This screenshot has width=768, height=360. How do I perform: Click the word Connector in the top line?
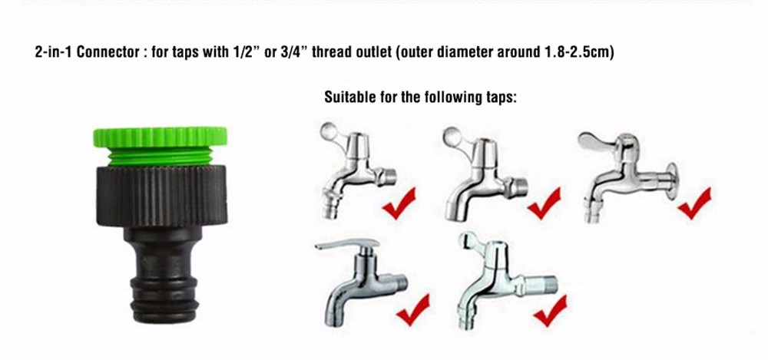point(108,51)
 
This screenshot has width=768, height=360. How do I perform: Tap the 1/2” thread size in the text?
point(243,51)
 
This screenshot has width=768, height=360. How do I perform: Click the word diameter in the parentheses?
point(465,51)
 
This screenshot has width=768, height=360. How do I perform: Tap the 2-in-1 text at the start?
point(54,51)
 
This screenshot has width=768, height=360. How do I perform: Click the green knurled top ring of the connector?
point(161,137)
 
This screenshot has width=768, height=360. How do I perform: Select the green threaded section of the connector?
point(161,157)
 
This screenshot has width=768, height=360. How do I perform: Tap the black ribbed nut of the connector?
point(161,196)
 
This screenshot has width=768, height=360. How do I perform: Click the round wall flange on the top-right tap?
point(671,180)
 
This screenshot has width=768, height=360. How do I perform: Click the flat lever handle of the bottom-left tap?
point(347,243)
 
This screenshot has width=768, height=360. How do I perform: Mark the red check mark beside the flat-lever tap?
point(413,309)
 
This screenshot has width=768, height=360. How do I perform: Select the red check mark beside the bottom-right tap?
point(550,311)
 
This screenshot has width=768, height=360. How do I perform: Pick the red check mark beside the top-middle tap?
point(545,203)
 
